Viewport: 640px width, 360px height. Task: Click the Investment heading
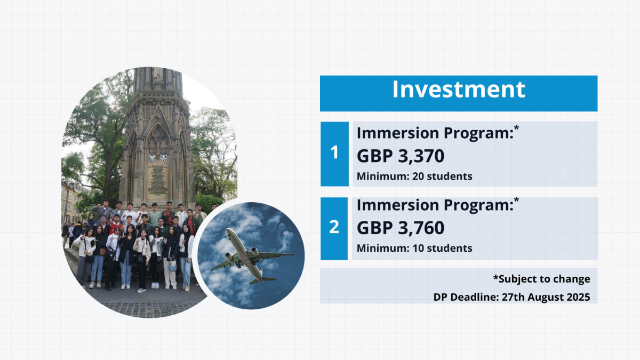pyautogui.click(x=459, y=89)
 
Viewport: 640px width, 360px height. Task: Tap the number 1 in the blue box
pyautogui.click(x=334, y=153)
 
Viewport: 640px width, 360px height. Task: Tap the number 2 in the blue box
pyautogui.click(x=334, y=227)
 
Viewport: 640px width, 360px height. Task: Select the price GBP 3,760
pyautogui.click(x=401, y=228)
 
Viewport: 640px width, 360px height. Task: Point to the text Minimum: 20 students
pyautogui.click(x=414, y=177)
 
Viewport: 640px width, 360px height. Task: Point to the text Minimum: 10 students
pyautogui.click(x=414, y=248)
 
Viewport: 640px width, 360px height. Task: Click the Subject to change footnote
pyautogui.click(x=542, y=279)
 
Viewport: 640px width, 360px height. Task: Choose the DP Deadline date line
pyautogui.click(x=511, y=297)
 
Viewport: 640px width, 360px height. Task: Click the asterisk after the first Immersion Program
pyautogui.click(x=516, y=128)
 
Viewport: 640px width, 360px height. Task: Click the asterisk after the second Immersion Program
pyautogui.click(x=516, y=200)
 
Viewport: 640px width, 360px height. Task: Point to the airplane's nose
pyautogui.click(x=228, y=230)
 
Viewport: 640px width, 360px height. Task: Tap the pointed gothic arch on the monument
pyautogui.click(x=158, y=134)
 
